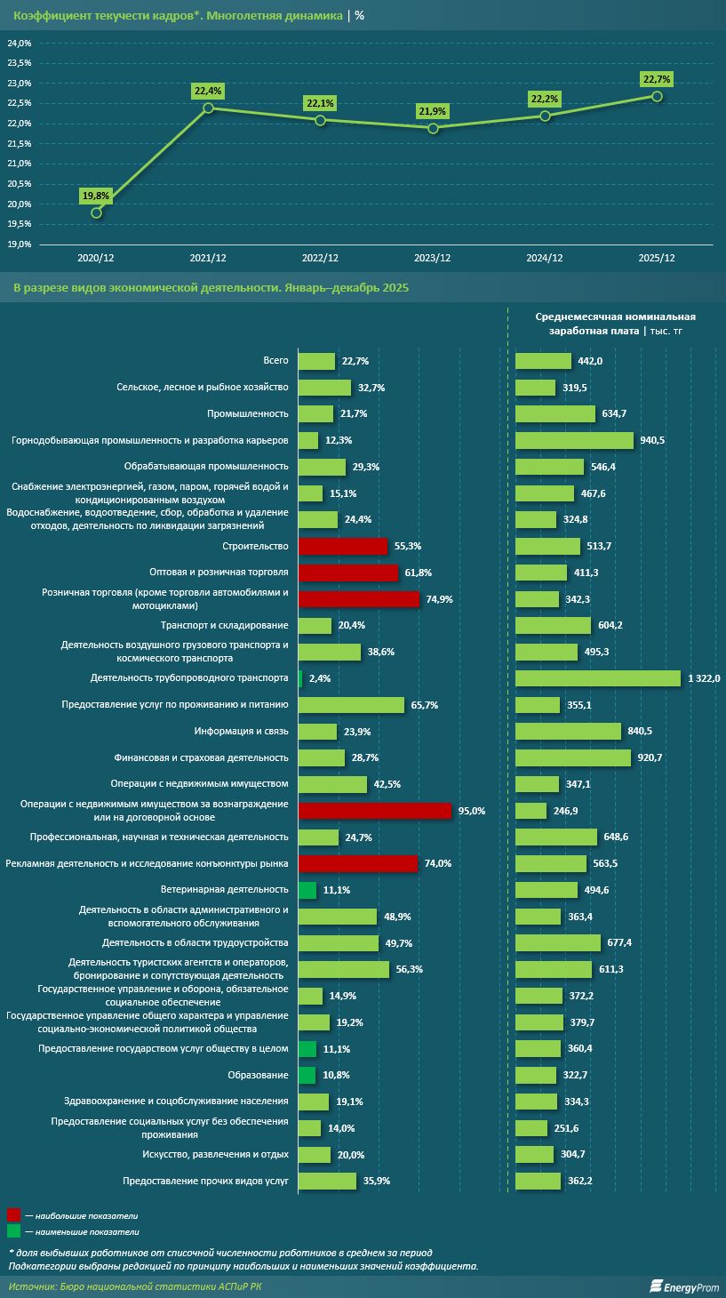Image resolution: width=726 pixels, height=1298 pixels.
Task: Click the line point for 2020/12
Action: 96,212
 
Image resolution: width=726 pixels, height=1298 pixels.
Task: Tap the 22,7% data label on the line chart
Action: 656,79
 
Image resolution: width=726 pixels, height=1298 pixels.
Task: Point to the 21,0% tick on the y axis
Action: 20,164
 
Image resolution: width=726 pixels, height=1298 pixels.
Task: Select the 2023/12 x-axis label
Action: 433,258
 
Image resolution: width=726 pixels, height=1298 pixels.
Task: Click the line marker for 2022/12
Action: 320,120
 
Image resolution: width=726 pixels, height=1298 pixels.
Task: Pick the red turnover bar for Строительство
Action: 342,546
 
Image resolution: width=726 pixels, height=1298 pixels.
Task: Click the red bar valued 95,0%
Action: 375,811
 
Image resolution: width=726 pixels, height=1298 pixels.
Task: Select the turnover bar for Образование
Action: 307,1076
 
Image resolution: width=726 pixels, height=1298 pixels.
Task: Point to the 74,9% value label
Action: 439,599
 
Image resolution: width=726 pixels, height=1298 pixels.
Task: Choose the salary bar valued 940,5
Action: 574,440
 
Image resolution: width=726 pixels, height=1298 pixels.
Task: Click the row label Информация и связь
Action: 241,732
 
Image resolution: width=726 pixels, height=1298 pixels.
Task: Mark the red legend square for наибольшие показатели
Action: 13,1214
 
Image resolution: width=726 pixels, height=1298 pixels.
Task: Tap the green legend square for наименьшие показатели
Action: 13,1231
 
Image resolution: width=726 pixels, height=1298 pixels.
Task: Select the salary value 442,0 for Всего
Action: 590,361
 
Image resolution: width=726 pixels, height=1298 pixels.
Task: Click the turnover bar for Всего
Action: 316,361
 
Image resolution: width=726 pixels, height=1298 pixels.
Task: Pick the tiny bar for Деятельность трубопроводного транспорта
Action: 300,678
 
